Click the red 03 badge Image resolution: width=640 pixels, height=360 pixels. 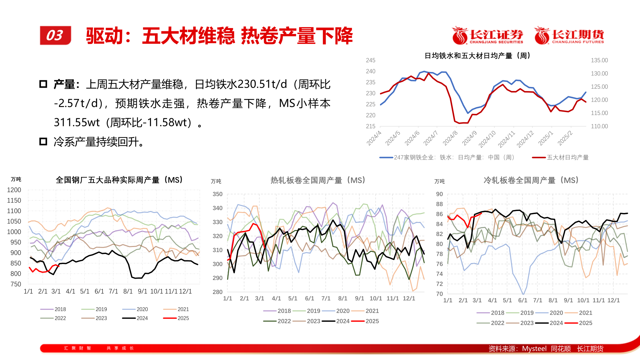pyautogui.click(x=55, y=35)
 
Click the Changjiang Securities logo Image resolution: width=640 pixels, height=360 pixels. pyautogui.click(x=487, y=35)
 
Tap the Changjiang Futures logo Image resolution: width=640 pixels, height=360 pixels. pyautogui.click(x=569, y=35)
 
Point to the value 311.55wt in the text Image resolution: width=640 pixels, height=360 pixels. pyautogui.click(x=77, y=123)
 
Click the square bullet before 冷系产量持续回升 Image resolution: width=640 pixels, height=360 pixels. pyautogui.click(x=43, y=142)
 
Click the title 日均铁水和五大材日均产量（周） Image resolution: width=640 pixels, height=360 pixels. pyautogui.click(x=477, y=56)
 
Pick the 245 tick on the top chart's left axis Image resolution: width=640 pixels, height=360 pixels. pyautogui.click(x=371, y=60)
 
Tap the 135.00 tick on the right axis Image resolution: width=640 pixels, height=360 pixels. pyautogui.click(x=599, y=60)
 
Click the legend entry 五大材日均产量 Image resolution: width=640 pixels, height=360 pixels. pyautogui.click(x=567, y=157)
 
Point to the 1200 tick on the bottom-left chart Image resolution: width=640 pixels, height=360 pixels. pyautogui.click(x=14, y=190)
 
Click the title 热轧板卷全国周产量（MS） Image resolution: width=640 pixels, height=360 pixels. pyautogui.click(x=318, y=180)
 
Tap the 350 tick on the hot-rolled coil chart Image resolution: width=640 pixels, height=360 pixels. pyautogui.click(x=217, y=194)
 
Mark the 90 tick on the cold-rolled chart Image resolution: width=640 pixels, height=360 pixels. pyautogui.click(x=439, y=194)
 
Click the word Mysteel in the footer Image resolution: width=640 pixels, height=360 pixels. pyautogui.click(x=534, y=349)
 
